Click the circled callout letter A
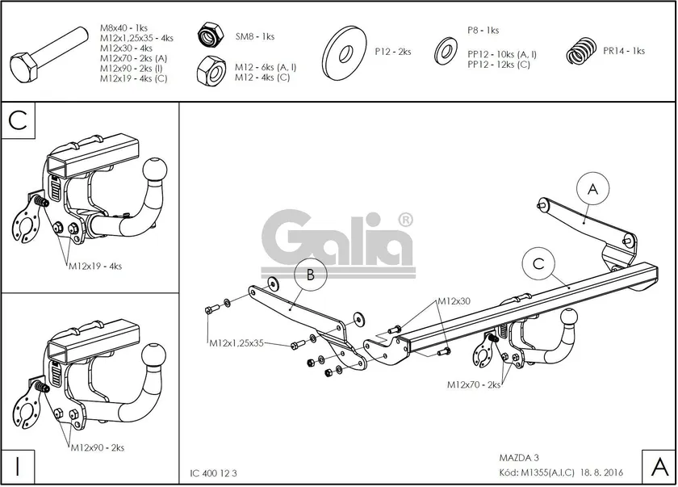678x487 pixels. click(592, 190)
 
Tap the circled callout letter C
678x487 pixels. click(538, 263)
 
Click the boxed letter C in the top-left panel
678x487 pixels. click(19, 120)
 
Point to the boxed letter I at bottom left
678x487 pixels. click(17, 465)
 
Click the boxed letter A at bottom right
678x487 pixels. click(658, 466)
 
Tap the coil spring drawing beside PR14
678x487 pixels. click(580, 52)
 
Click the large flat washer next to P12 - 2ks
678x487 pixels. click(345, 52)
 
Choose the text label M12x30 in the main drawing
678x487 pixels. click(454, 301)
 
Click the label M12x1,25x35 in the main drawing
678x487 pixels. click(236, 343)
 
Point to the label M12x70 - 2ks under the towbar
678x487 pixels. click(474, 385)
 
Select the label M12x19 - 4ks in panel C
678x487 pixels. click(94, 265)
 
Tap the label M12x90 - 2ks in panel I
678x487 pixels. click(97, 447)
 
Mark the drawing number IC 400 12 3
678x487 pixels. click(214, 473)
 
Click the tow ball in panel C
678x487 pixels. click(154, 171)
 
